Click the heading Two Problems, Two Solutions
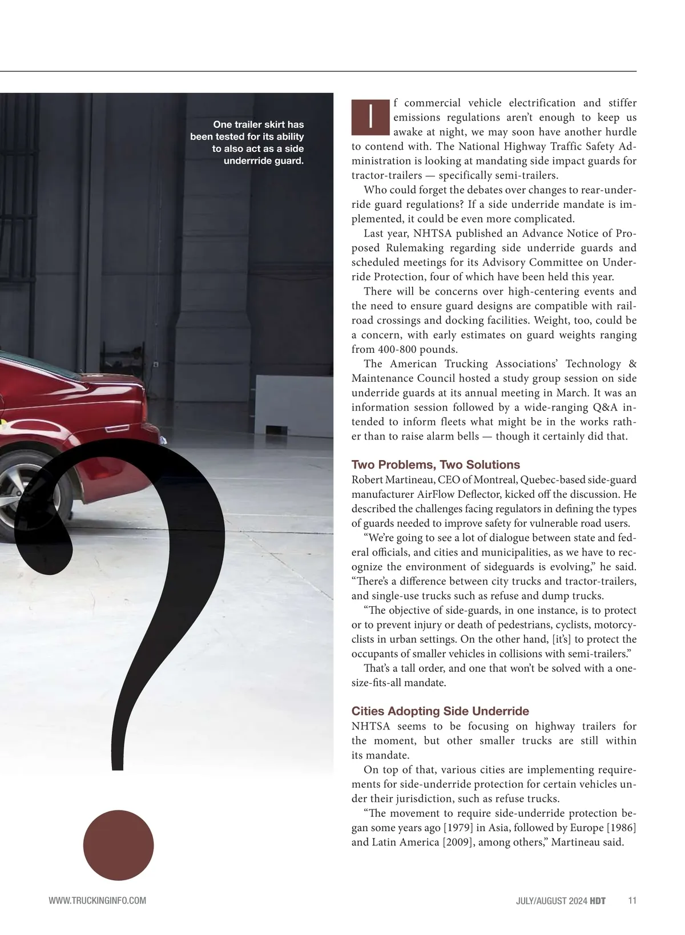436,465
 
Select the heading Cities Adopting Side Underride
440,711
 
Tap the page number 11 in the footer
631,901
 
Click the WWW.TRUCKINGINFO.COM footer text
98,901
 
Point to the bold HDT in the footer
598,901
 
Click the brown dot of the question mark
118,845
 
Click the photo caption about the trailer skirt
247,143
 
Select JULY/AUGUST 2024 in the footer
551,901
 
